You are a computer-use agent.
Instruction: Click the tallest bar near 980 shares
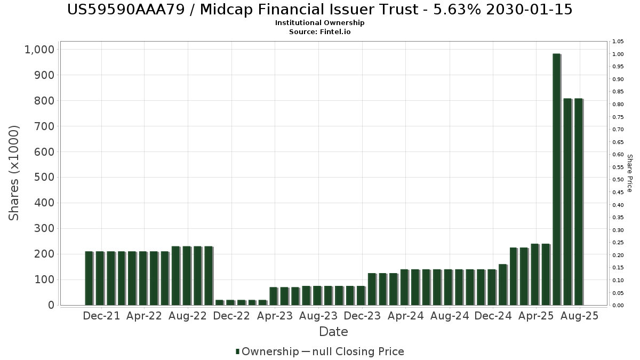point(556,179)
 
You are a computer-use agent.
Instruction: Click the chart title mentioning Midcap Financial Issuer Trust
point(320,10)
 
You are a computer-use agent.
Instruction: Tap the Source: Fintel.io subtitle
point(320,31)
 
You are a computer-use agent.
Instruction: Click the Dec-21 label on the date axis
point(102,316)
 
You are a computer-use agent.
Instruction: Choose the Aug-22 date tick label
point(188,316)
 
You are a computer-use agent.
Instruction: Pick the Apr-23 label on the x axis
point(275,316)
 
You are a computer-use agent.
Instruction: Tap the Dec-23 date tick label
point(362,316)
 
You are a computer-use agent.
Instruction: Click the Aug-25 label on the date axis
point(580,316)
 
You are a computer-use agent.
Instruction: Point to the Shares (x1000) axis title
point(14,173)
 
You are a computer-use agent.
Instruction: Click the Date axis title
point(333,332)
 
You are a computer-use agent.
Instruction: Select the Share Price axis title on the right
point(629,173)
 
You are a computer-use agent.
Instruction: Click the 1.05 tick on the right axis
point(618,42)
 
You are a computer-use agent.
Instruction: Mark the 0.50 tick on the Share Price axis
point(618,180)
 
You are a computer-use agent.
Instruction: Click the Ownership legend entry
point(268,351)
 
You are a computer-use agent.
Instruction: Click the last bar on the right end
point(578,202)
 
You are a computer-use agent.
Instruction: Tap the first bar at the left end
point(89,278)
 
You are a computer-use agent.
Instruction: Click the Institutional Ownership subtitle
point(320,23)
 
